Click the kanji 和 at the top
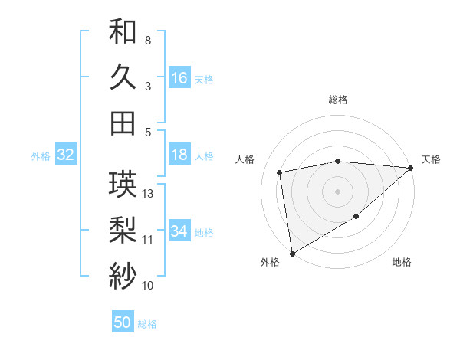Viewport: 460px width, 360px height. (123, 32)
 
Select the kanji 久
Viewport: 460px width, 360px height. (123, 77)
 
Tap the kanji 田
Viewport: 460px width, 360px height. (123, 123)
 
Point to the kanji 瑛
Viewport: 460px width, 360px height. (123, 185)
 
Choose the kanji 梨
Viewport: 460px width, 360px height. (123, 229)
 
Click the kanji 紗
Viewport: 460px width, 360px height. (123, 274)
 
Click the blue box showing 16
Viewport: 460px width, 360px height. (179, 77)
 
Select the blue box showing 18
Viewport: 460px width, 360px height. (179, 155)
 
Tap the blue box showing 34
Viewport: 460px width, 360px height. (179, 231)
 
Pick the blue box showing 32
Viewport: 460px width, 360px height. (66, 155)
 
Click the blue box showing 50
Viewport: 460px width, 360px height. (123, 322)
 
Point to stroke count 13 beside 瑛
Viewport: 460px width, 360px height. (149, 194)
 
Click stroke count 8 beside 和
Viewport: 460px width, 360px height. (147, 40)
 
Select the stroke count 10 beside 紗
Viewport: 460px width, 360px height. (148, 286)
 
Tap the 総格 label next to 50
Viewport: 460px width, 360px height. (147, 324)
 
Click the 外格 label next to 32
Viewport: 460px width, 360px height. (41, 156)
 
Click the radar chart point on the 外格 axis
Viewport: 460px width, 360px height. (292, 254)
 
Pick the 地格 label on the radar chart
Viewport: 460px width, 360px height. (402, 263)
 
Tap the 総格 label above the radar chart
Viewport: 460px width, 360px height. (338, 100)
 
